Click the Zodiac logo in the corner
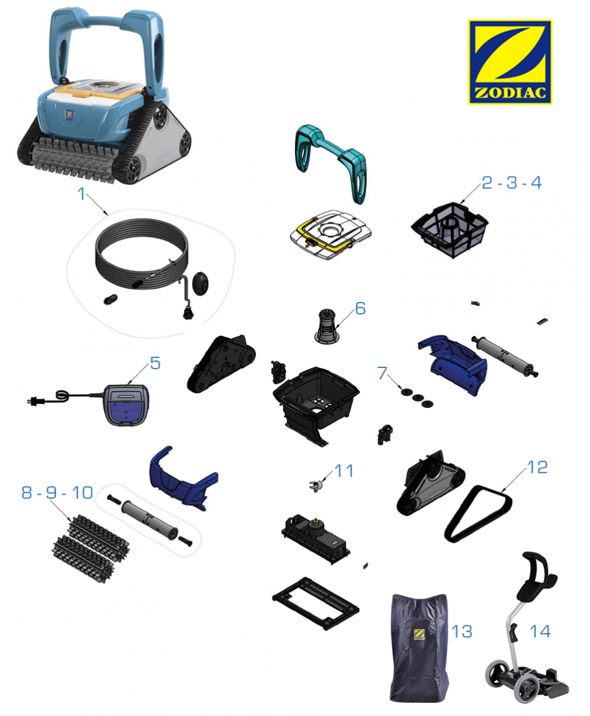pos(510,62)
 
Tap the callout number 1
pos(82,194)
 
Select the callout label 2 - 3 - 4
pos(511,183)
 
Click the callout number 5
pos(155,364)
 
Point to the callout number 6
pos(360,309)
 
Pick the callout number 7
pos(382,373)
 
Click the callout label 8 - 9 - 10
pos(57,493)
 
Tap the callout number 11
pos(344,471)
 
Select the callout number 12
pos(538,467)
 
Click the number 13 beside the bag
pos(462,632)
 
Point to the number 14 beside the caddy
pos(540,632)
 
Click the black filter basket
pos(450,230)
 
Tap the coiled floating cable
pos(142,254)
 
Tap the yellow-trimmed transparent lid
pos(331,235)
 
